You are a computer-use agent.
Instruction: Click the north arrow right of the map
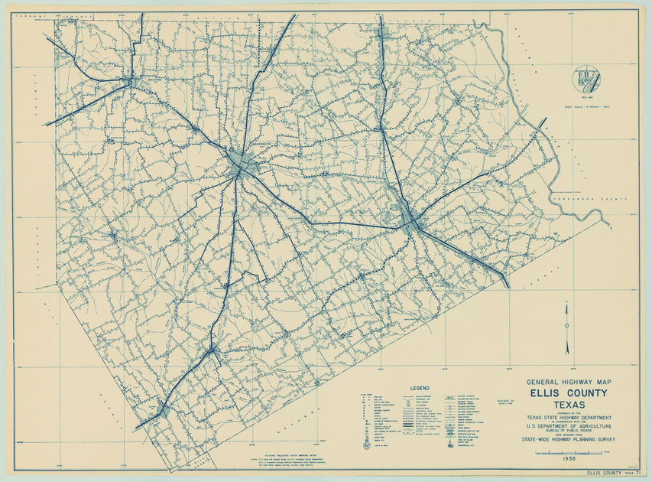[x=567, y=327]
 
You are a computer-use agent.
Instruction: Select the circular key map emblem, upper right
[x=586, y=80]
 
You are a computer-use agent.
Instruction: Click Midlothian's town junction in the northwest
[x=133, y=80]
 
